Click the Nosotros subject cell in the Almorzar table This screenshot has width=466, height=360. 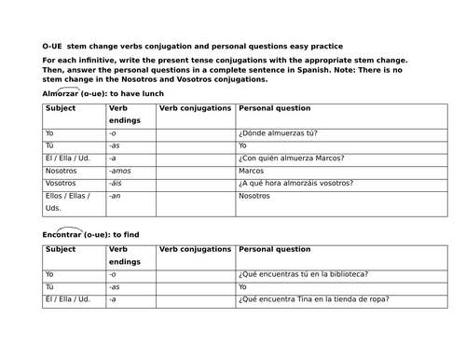click(62, 171)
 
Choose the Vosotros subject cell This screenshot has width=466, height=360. click(61, 184)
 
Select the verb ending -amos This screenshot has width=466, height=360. click(120, 171)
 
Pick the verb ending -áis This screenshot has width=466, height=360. click(116, 184)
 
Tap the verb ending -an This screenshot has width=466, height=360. click(115, 196)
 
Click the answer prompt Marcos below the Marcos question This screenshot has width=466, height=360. click(252, 171)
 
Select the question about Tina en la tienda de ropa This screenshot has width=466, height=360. click(313, 298)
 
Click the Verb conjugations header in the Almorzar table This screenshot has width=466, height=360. click(196, 109)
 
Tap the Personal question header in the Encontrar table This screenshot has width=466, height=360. click(275, 249)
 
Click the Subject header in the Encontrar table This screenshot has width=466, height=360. click(61, 249)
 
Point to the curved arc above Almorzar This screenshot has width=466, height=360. click(69, 86)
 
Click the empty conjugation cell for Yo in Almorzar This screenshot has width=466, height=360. click(196, 133)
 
